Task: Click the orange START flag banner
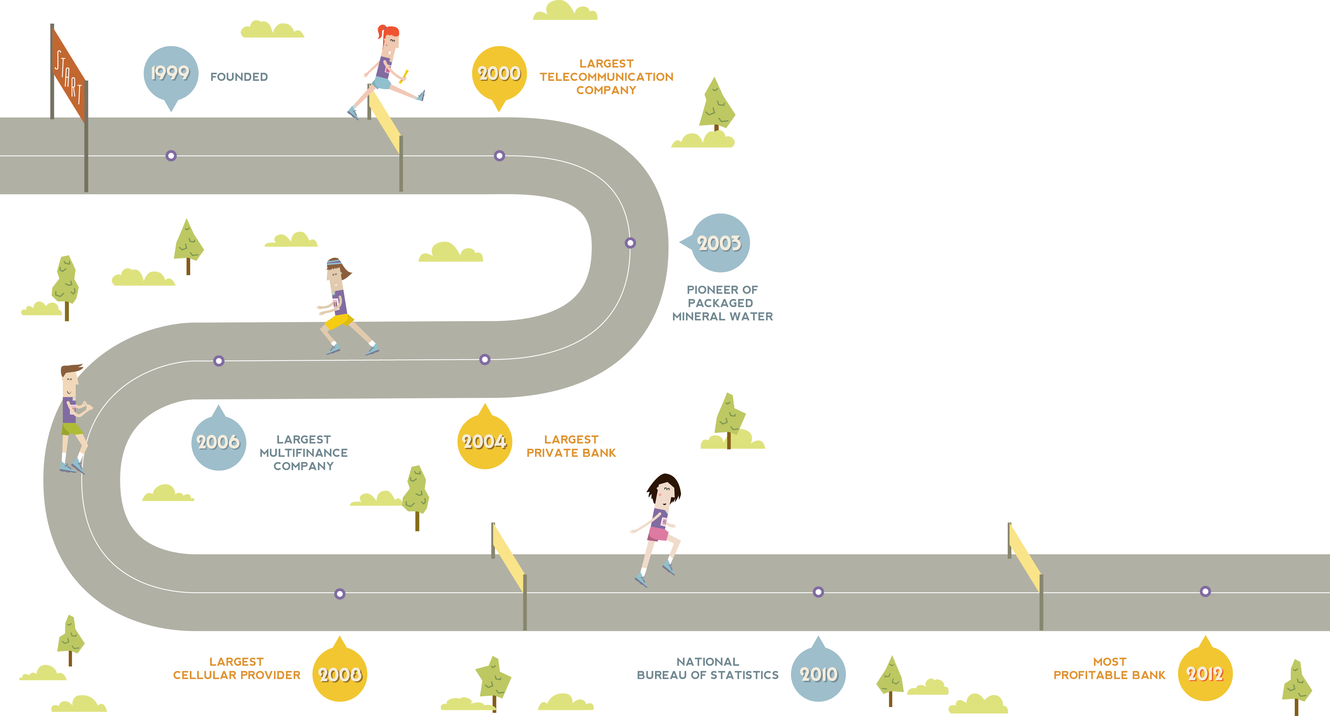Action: [69, 75]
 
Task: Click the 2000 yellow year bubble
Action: [499, 73]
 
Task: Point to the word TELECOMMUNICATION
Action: [606, 77]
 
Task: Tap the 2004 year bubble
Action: [484, 442]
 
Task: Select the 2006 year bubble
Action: [218, 442]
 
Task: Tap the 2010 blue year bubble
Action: [818, 674]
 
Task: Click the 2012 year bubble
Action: [1205, 674]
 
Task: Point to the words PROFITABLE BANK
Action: [1109, 675]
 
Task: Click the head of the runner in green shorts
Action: [70, 380]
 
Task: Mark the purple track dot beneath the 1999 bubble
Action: [171, 155]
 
